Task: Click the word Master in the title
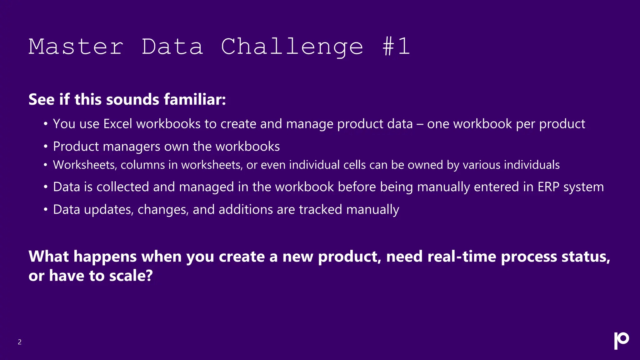(76, 47)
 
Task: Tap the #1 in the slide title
(396, 47)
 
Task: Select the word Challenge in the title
(292, 47)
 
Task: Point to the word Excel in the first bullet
(118, 124)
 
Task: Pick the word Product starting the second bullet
(76, 147)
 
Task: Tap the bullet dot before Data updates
(46, 209)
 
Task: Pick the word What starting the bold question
(48, 257)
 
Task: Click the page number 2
(20, 342)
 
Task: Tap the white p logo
(621, 340)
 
